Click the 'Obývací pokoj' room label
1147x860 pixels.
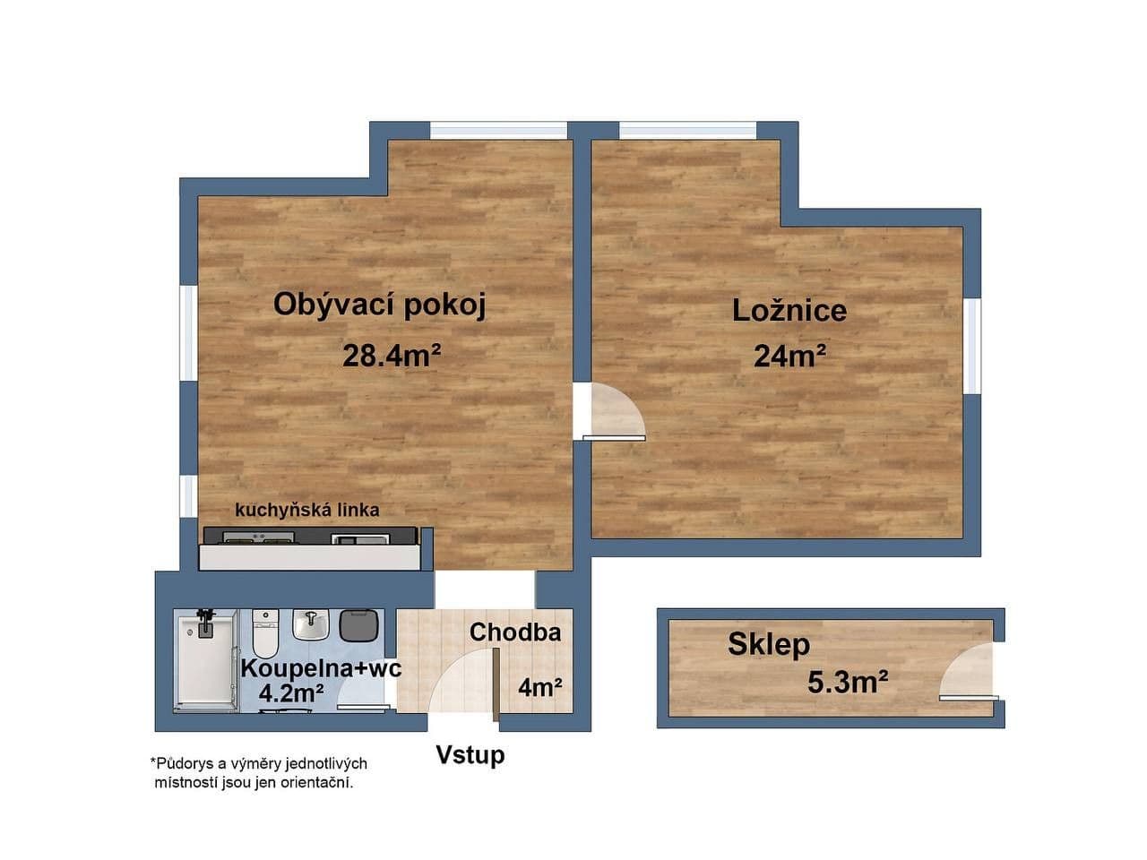coord(379,305)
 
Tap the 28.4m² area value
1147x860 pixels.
coord(392,357)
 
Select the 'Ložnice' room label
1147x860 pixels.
coord(789,311)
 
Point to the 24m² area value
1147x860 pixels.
coord(789,357)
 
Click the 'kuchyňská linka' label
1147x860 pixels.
coord(306,511)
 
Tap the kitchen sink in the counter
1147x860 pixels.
coord(360,538)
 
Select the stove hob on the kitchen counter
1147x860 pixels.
coord(259,537)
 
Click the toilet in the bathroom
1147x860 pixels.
coord(264,632)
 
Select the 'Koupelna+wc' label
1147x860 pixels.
coord(321,668)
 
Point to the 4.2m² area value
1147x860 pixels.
coord(291,692)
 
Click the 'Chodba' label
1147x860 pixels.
coord(515,632)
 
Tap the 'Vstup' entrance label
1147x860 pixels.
coord(470,755)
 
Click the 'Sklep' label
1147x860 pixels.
coord(769,644)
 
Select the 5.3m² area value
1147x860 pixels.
coord(848,683)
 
